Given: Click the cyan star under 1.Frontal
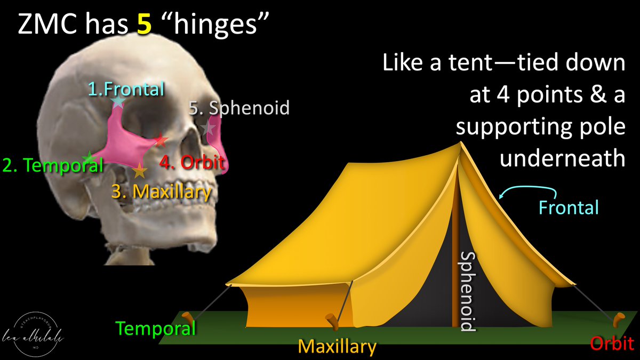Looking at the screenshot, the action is pyautogui.click(x=118, y=101).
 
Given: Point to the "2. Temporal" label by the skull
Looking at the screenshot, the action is pyautogui.click(x=52, y=165).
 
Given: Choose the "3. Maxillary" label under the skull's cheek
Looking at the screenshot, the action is pyautogui.click(x=162, y=191).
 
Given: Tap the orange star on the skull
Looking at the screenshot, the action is pyautogui.click(x=140, y=171).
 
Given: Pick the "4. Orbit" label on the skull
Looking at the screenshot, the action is pyautogui.click(x=191, y=162).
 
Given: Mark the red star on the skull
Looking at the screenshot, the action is pyautogui.click(x=161, y=141).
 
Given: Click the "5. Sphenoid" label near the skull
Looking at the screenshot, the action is pyautogui.click(x=239, y=108).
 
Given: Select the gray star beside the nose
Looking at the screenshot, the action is pyautogui.click(x=208, y=129).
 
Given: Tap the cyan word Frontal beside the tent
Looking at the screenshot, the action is pyautogui.click(x=569, y=206).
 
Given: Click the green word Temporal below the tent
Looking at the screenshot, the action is pyautogui.click(x=156, y=329).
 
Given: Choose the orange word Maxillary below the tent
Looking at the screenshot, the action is pyautogui.click(x=337, y=347).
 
